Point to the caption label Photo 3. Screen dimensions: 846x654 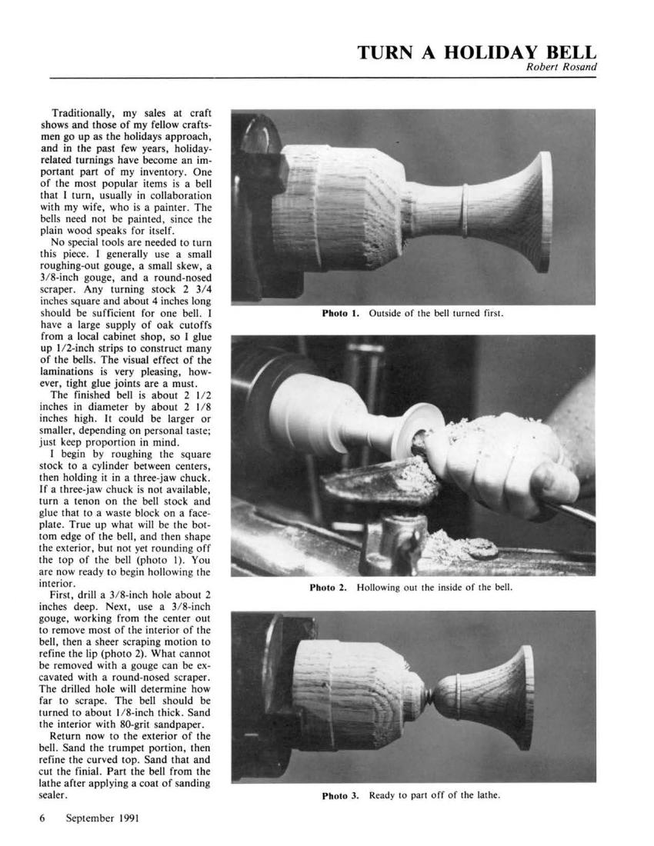(x=340, y=795)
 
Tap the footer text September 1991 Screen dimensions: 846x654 (x=102, y=818)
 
